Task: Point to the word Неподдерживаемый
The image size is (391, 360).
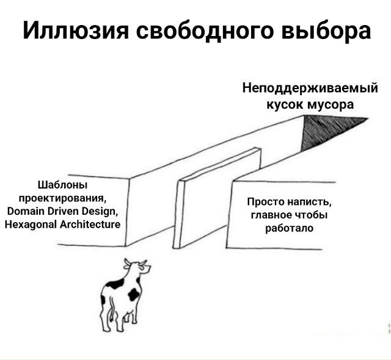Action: coord(310,88)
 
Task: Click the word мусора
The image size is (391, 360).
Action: coord(330,104)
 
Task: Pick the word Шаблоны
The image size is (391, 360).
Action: coord(62,185)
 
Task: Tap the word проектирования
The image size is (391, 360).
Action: coord(62,198)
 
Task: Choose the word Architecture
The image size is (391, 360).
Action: coord(90,225)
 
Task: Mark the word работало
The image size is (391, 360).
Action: coord(289,229)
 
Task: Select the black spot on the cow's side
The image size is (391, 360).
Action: coord(134,294)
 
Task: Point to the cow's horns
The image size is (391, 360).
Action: coord(136,262)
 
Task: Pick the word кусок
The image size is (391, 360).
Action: coord(283,104)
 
